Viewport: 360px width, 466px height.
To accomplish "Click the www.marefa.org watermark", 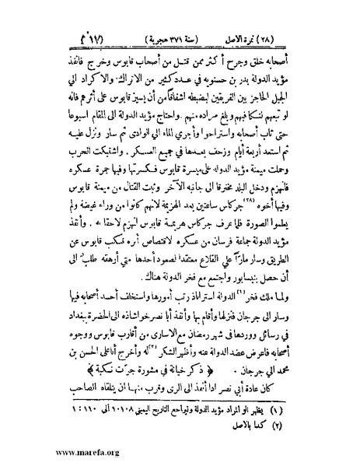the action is [45, 450].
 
